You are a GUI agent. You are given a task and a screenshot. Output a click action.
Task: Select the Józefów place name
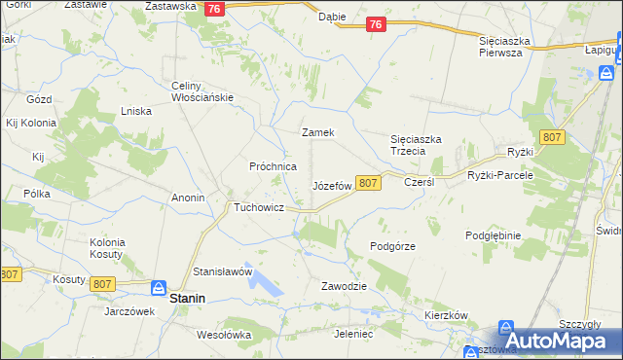[331, 185]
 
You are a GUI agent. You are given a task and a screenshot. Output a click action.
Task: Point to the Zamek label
[318, 132]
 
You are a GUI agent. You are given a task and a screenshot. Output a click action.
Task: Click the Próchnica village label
[273, 166]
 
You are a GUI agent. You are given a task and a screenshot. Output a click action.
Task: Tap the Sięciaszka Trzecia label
[417, 145]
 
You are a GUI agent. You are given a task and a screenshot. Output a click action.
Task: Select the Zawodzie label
[344, 286]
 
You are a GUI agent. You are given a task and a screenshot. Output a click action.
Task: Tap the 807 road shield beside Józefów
[367, 183]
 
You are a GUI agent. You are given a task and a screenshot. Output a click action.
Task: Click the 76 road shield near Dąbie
[377, 26]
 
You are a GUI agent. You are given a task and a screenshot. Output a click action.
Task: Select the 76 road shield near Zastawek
[216, 8]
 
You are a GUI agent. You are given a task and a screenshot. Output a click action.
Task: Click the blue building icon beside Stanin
[158, 287]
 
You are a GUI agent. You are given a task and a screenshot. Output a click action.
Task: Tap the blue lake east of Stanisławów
[265, 283]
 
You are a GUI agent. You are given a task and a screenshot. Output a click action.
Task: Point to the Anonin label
[188, 198]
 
